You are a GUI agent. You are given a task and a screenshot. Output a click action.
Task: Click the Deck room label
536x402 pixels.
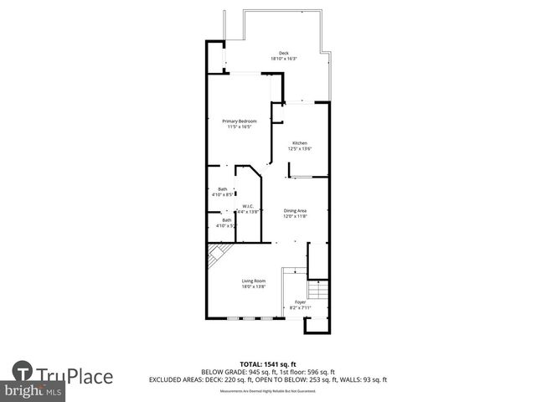coord(284,53)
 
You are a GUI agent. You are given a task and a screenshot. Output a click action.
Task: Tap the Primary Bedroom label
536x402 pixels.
coord(239,121)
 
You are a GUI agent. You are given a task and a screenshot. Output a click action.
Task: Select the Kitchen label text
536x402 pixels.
coord(299,143)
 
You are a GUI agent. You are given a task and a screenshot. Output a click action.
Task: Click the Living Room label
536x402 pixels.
coord(253,281)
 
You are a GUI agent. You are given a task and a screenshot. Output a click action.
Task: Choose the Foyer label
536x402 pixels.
coord(299,302)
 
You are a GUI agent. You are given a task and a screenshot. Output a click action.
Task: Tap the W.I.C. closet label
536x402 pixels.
coord(248,206)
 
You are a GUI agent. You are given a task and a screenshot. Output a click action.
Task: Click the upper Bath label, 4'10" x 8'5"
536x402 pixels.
coord(223,189)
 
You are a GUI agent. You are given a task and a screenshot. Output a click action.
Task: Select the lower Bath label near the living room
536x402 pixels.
coord(226,220)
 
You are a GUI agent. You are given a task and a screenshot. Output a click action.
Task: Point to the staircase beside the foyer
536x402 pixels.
coord(317,293)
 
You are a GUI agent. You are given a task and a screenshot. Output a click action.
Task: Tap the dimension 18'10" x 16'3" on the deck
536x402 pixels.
coord(284,59)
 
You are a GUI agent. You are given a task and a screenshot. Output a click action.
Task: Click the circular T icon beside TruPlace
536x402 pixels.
coord(23,372)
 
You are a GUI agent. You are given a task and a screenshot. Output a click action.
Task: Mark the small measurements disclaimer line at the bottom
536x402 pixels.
coord(267,391)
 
